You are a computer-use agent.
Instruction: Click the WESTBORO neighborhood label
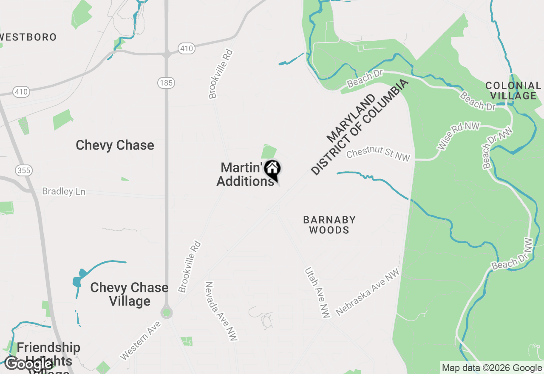(28, 37)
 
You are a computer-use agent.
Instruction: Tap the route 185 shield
(166, 82)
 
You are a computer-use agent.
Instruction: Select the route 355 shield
(24, 170)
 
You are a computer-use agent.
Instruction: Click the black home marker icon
(272, 169)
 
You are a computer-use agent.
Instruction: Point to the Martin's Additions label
(245, 174)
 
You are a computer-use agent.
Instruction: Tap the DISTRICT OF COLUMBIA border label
(360, 127)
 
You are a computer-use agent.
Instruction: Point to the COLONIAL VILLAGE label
(513, 91)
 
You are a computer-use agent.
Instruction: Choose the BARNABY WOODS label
(329, 225)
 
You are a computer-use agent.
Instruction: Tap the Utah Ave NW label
(317, 292)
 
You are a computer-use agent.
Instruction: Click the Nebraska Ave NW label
(368, 292)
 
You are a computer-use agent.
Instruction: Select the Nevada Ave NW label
(221, 311)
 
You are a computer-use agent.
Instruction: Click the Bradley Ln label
(64, 192)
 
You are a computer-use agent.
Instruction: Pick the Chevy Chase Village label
(129, 294)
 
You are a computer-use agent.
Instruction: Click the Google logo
(28, 364)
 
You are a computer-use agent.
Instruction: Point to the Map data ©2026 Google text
(492, 368)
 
